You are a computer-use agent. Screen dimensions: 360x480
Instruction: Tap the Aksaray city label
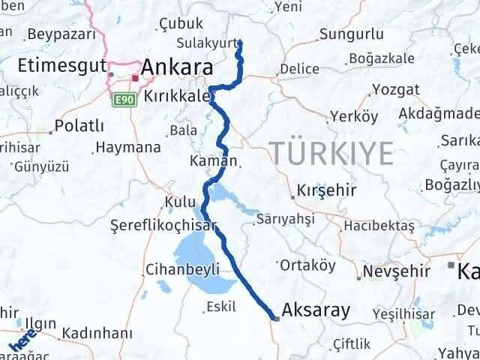point(316,310)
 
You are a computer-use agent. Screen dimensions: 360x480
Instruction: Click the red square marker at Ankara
point(135,78)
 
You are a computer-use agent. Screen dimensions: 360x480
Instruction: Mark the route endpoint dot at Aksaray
point(276,318)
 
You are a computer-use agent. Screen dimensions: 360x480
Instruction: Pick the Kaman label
point(214,160)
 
